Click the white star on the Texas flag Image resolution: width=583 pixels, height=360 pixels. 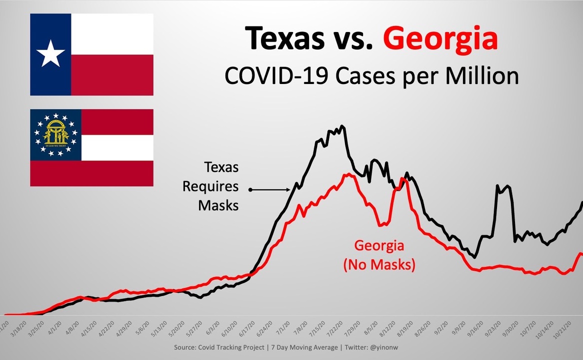(x=50, y=54)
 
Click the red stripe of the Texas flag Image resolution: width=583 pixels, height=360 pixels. (x=112, y=74)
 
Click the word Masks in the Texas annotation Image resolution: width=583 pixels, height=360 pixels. (x=218, y=205)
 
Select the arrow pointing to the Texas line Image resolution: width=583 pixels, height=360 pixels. (x=270, y=189)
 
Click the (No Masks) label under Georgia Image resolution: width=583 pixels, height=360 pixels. (x=379, y=264)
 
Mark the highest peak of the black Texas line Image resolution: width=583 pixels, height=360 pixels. (x=341, y=126)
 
